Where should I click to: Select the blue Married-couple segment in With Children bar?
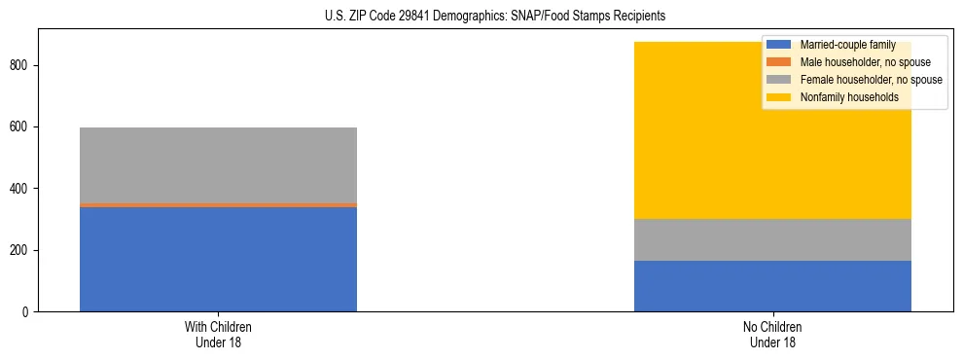[x=218, y=259]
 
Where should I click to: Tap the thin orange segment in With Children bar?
[x=218, y=205]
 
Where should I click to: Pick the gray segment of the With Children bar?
[x=218, y=165]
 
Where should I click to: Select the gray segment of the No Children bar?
[x=772, y=239]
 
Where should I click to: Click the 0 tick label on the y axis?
[x=28, y=312]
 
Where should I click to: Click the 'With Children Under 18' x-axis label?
[x=218, y=335]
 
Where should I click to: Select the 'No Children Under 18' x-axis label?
[x=772, y=335]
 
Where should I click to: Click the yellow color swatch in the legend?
[x=779, y=97]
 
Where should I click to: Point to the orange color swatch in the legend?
[x=779, y=62]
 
